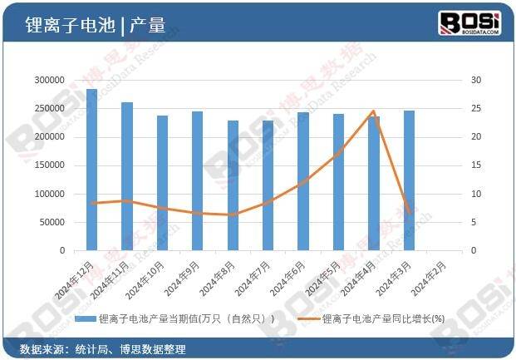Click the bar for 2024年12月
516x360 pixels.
coord(91,169)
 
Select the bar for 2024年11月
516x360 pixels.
coord(126,175)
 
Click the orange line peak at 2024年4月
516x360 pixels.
coord(373,111)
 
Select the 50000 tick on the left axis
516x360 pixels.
coord(51,222)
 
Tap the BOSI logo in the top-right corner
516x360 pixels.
coord(469,23)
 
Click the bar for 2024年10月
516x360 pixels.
coord(162,182)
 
